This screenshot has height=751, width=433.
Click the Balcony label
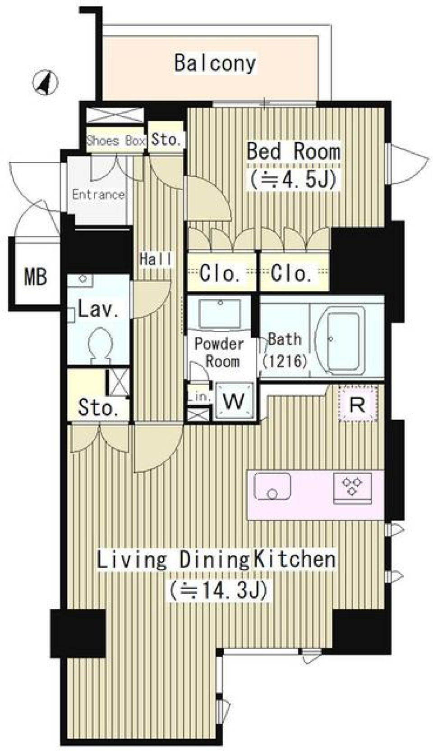pyautogui.click(x=215, y=63)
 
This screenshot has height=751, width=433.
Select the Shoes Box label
pyautogui.click(x=116, y=140)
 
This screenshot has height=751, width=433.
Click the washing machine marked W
pyautogui.click(x=234, y=401)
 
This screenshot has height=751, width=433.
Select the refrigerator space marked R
pyautogui.click(x=358, y=404)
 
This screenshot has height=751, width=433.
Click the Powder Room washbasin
pyautogui.click(x=220, y=313)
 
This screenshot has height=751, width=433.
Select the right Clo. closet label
pyautogui.click(x=291, y=274)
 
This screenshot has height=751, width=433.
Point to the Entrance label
pyautogui.click(x=98, y=195)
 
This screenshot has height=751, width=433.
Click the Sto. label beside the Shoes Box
pyautogui.click(x=166, y=139)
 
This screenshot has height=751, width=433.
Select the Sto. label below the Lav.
pyautogui.click(x=98, y=408)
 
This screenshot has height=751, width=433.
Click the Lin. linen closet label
pyautogui.click(x=199, y=397)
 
